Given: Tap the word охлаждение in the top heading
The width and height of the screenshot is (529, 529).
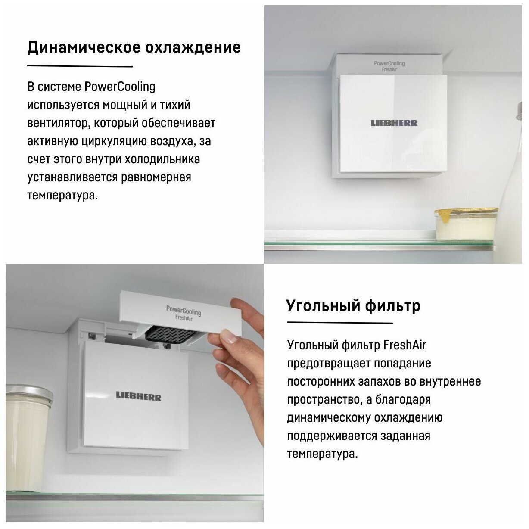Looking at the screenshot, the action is point(193,47).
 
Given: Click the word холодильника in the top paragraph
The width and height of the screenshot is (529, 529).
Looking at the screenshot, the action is point(162,159).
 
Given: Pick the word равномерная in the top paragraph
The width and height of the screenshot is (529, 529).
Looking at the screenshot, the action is point(156,178).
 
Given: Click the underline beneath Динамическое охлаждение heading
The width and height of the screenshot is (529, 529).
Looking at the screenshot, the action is point(80,66).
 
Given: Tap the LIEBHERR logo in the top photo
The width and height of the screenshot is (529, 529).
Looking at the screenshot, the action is point(394,123).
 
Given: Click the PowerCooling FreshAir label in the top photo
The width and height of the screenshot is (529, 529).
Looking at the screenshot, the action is point(389,66).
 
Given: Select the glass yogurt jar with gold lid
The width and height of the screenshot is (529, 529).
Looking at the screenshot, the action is point(466,224).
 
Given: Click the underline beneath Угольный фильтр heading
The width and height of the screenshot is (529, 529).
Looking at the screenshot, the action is point(340,323).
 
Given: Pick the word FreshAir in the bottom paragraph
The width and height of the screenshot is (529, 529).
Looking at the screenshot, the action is point(405,345).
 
